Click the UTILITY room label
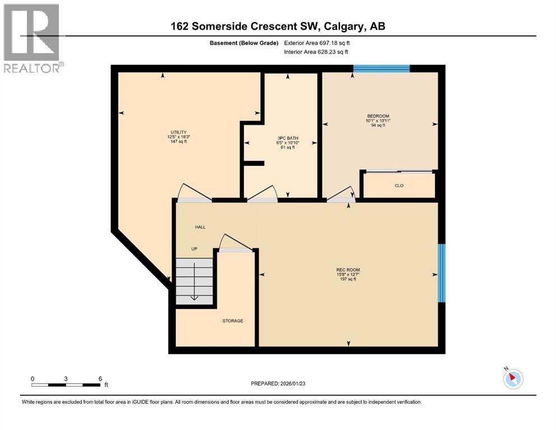[179, 132]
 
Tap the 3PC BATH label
[288, 138]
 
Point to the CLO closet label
[399, 185]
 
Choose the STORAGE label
[232, 321]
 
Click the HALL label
[200, 227]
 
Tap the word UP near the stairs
[194, 249]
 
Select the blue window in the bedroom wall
[381, 69]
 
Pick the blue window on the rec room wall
[441, 273]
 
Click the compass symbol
[513, 378]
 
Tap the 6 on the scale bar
[99, 378]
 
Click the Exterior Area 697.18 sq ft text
[317, 43]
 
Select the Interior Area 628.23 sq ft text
[316, 52]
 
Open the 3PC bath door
[261, 194]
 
